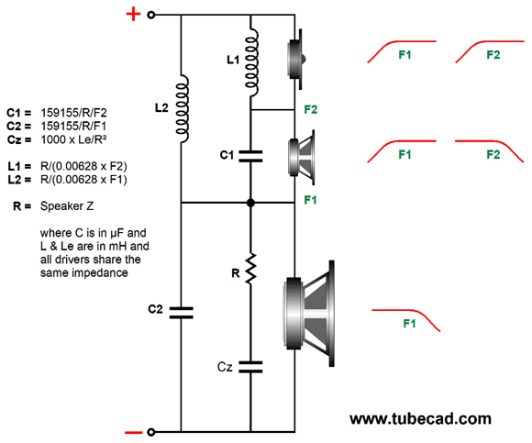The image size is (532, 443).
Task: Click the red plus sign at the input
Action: pyautogui.click(x=133, y=15)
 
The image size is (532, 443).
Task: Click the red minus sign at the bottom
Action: pyautogui.click(x=134, y=432)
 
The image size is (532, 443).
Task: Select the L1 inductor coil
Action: pyautogui.click(x=251, y=62)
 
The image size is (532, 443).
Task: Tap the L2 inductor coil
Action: pyautogui.click(x=182, y=108)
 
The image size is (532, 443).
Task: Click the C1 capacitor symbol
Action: pyautogui.click(x=250, y=156)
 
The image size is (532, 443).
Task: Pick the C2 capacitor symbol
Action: pyautogui.click(x=182, y=313)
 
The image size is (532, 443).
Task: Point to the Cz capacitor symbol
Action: pyautogui.click(x=250, y=367)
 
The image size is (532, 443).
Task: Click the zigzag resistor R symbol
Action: pyautogui.click(x=250, y=269)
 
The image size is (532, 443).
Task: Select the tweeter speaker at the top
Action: pyautogui.click(x=296, y=59)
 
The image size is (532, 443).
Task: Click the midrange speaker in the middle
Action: pyautogui.click(x=301, y=158)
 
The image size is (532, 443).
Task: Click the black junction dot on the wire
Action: pyautogui.click(x=250, y=203)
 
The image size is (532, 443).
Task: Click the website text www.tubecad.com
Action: pyautogui.click(x=420, y=419)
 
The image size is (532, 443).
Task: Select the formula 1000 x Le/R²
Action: pyautogui.click(x=73, y=139)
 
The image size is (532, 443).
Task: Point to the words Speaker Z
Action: pyautogui.click(x=67, y=205)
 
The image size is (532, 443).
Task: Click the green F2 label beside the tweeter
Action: pyautogui.click(x=311, y=109)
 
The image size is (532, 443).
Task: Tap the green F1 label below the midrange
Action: pyautogui.click(x=310, y=200)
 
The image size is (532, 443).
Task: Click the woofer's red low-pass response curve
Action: pyautogui.click(x=405, y=318)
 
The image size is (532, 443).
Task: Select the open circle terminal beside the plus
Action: pyautogui.click(x=151, y=15)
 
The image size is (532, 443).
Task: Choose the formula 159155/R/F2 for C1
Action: pyautogui.click(x=73, y=113)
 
